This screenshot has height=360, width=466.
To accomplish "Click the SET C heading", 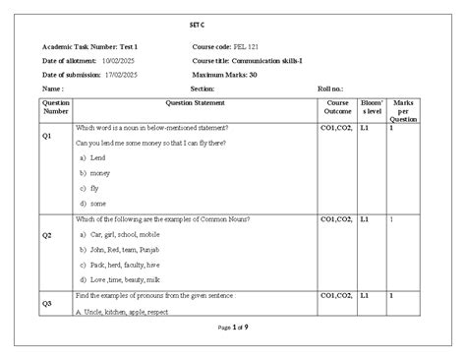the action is (x=232, y=24).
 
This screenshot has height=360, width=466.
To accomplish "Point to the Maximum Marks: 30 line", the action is (x=225, y=74).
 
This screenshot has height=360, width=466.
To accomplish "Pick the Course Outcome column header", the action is (x=337, y=106).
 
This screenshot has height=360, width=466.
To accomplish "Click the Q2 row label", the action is (x=46, y=236).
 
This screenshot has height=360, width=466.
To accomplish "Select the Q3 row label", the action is (x=46, y=304).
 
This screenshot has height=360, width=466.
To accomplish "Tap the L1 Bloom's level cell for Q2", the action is (x=364, y=218).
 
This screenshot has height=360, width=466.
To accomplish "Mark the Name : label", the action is (x=54, y=88).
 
